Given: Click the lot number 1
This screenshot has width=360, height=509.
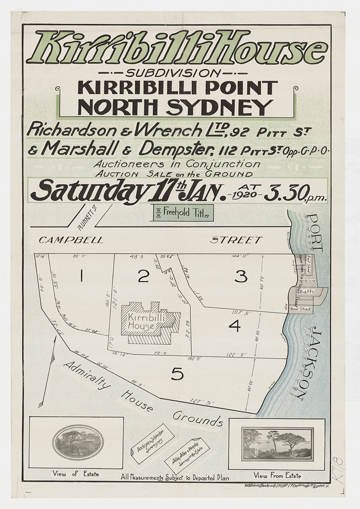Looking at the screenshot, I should (81, 277).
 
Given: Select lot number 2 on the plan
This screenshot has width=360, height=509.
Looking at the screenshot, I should (143, 276).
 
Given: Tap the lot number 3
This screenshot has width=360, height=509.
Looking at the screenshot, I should (240, 277).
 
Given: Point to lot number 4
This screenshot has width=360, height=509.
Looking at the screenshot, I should (234, 326).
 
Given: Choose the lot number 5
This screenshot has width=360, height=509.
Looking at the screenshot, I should (177, 374).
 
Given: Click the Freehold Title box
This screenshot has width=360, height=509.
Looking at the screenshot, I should (183, 213).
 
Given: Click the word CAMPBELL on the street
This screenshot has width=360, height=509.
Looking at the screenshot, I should (71, 240).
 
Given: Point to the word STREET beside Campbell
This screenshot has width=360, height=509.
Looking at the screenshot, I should (236, 240).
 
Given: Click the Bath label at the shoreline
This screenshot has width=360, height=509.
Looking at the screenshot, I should (306, 291).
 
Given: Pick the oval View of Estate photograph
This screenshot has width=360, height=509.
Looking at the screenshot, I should (78, 442).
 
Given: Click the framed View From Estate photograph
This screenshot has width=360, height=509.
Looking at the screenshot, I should (277, 444).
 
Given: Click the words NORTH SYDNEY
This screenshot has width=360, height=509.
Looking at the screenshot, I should (175, 107).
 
